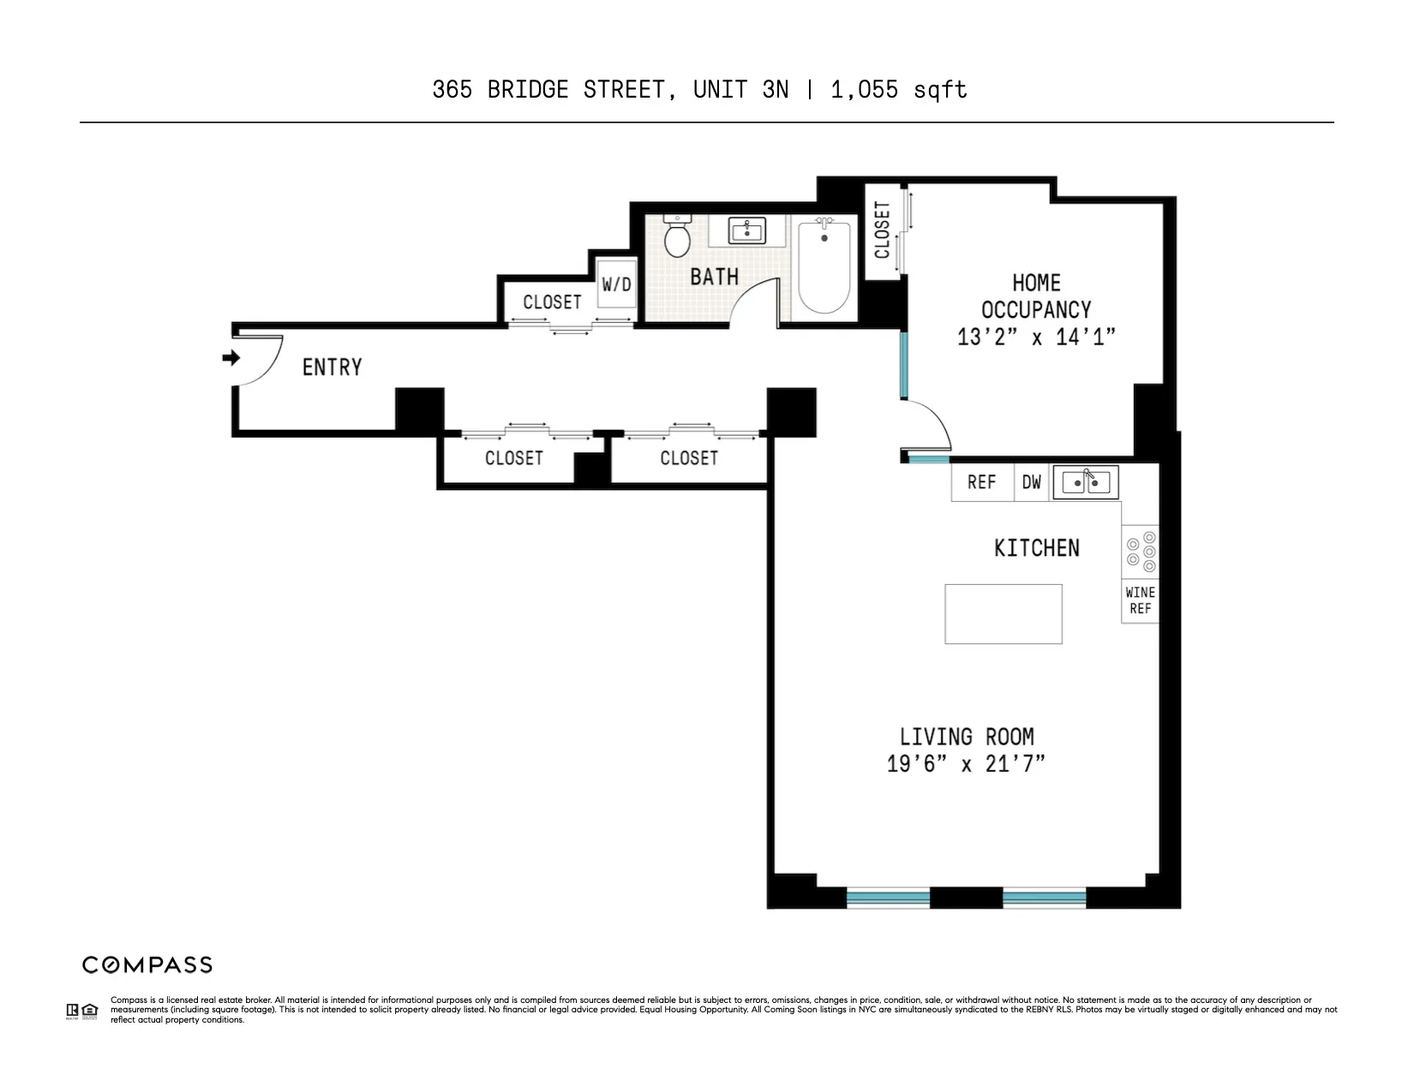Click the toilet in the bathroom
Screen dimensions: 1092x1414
point(678,237)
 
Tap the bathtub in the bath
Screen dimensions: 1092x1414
point(824,267)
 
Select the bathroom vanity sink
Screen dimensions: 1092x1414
point(746,230)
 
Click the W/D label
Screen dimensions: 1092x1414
point(616,283)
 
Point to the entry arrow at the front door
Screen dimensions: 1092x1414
point(231,358)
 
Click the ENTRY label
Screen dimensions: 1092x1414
point(332,367)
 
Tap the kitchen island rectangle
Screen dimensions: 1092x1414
point(1004,614)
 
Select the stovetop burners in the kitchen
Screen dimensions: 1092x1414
point(1141,552)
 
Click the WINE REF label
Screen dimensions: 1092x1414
point(1140,600)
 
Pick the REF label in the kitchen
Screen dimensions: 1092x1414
point(981,482)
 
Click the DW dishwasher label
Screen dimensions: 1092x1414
point(1032,482)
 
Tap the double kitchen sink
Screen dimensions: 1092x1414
point(1086,482)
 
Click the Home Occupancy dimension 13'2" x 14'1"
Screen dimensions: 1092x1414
point(1036,337)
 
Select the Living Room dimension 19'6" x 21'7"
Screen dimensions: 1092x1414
point(966,763)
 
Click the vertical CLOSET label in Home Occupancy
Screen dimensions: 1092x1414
point(883,230)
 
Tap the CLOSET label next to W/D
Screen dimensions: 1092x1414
point(552,301)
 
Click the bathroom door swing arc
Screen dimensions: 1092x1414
point(754,304)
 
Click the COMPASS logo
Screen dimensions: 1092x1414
point(147,965)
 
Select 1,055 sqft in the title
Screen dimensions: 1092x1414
point(899,90)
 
